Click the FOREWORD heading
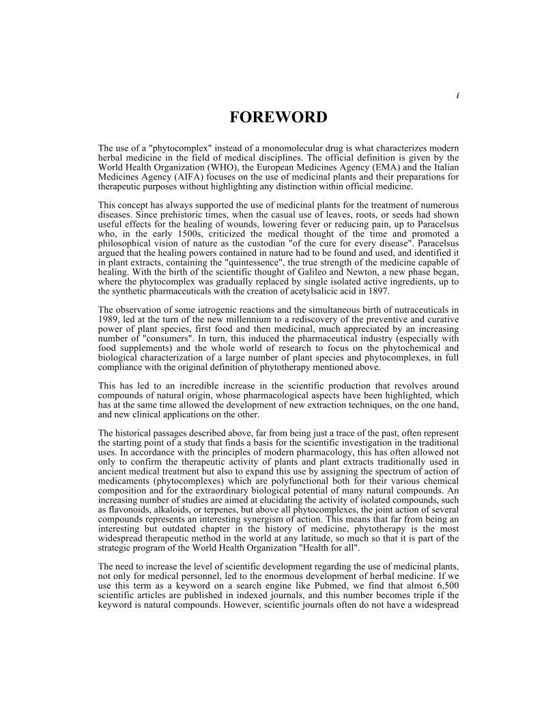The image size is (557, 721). click(278, 117)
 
